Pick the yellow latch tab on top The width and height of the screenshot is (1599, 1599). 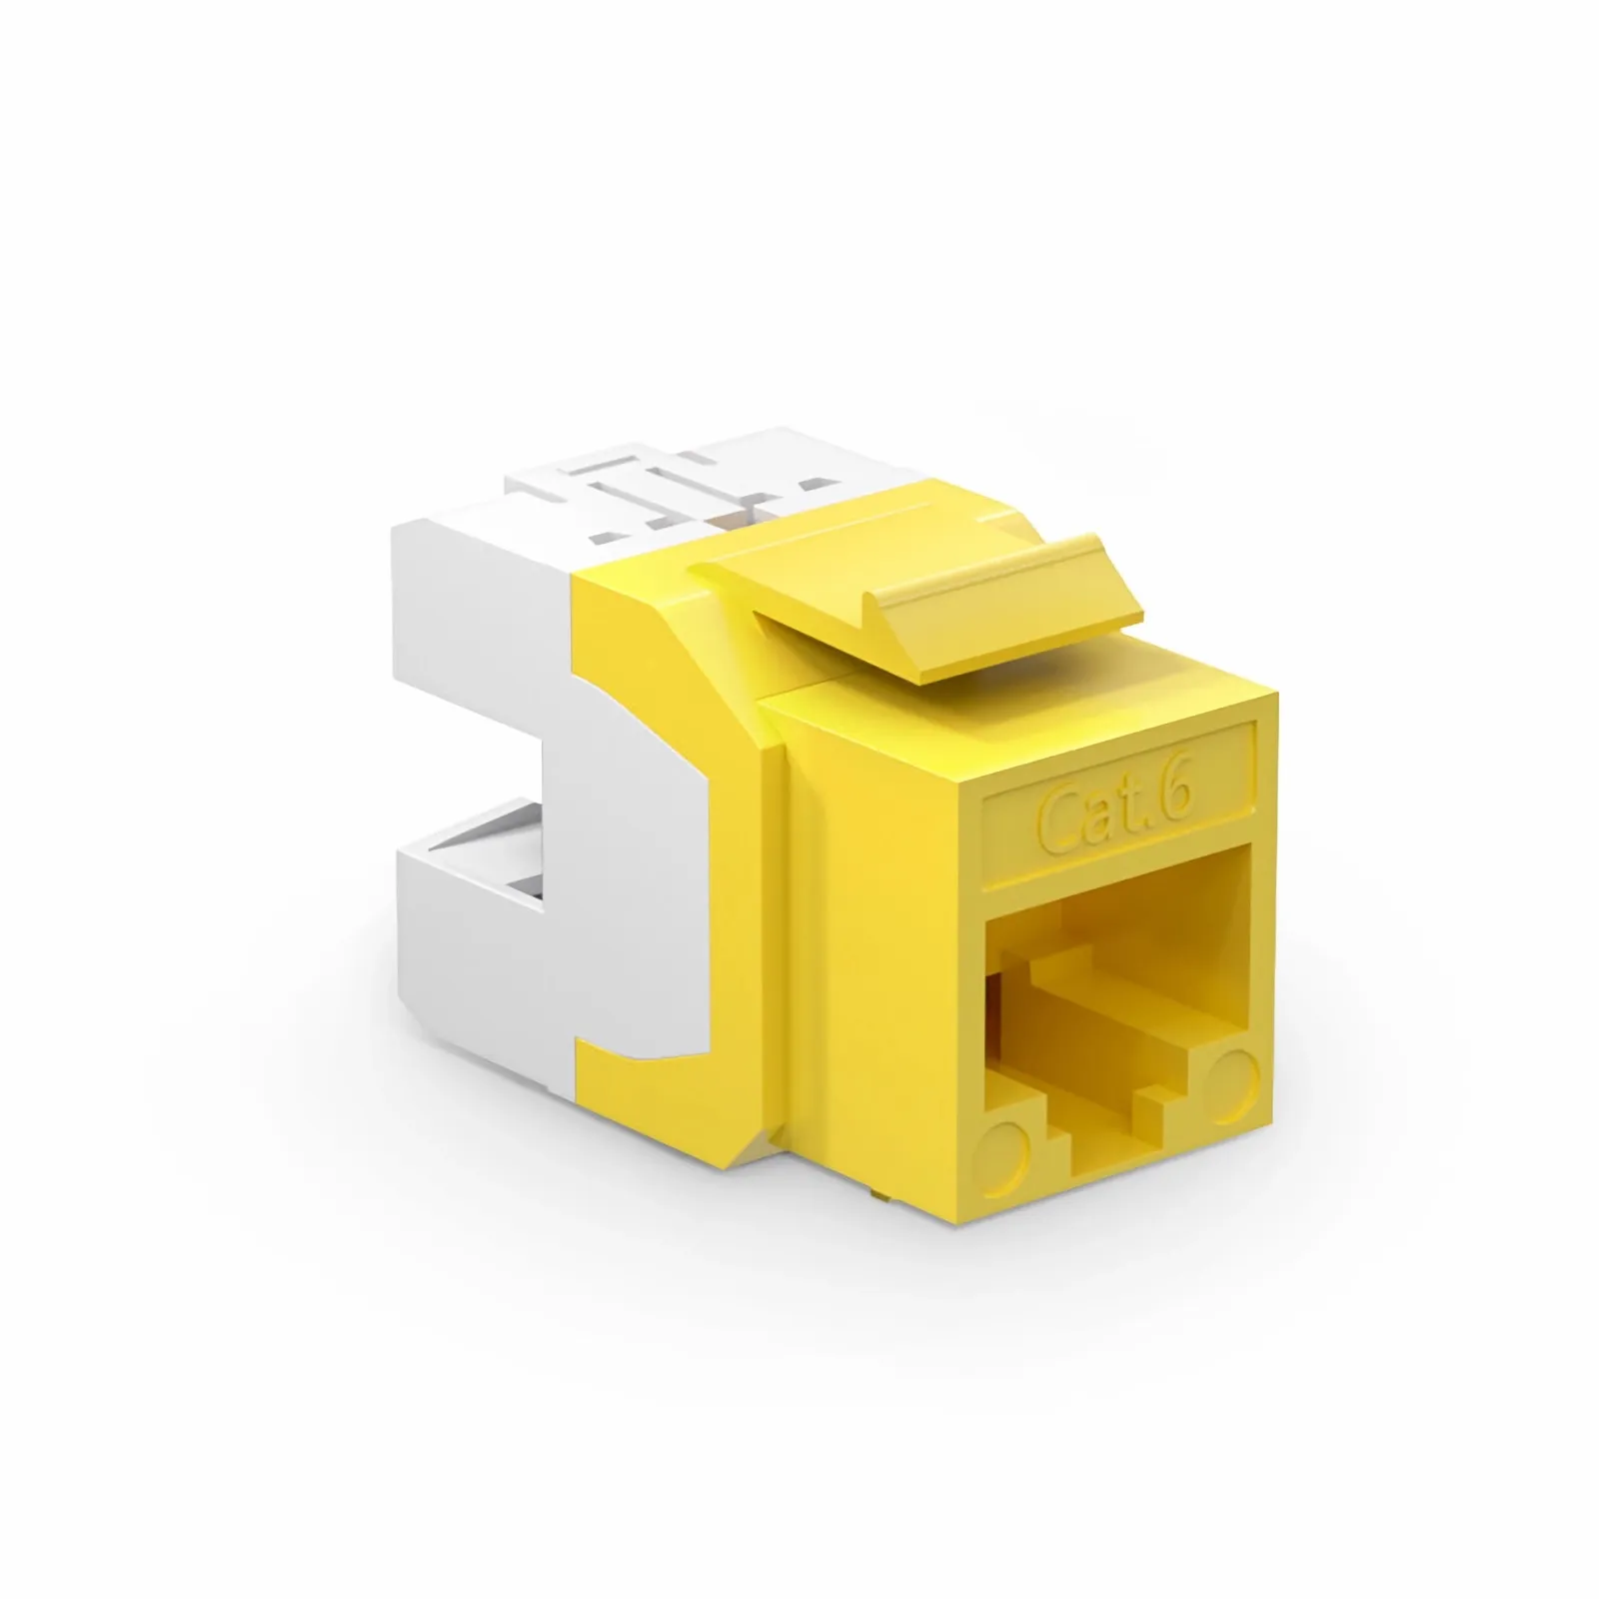909,610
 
